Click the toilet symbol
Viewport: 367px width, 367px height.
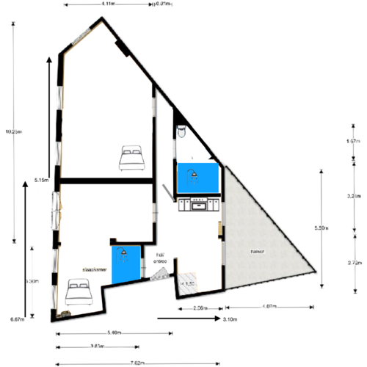[x=181, y=131]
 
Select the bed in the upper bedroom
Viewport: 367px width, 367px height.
[x=131, y=157]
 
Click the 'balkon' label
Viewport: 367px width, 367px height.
[x=257, y=252]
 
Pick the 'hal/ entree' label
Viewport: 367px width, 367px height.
[x=159, y=258]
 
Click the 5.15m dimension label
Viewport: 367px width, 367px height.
[x=41, y=180]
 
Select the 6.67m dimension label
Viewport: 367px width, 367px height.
[x=18, y=319]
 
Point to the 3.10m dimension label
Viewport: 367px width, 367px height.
[x=229, y=319]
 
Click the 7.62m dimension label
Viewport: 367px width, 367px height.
[x=137, y=362]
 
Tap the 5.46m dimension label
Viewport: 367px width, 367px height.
[x=114, y=333]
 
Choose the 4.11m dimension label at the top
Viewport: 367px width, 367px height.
[x=107, y=4]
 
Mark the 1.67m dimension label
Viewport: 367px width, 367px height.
[x=352, y=140]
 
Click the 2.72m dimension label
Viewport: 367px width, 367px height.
[x=352, y=262]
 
